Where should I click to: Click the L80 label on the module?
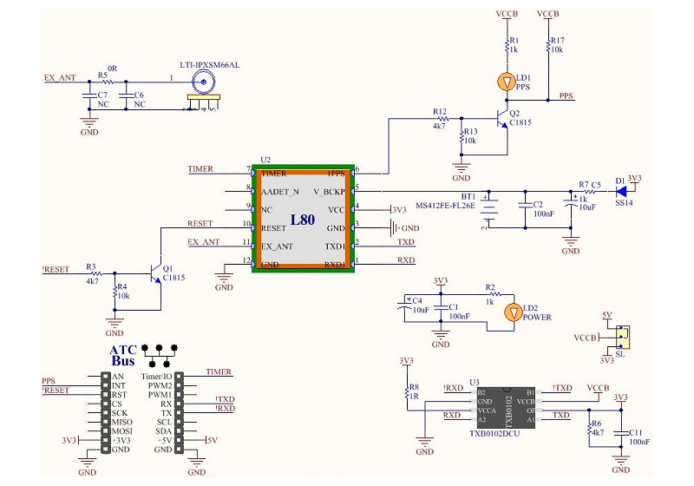[x=303, y=220]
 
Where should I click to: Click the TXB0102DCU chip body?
[x=508, y=404]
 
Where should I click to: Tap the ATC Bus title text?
[x=123, y=355]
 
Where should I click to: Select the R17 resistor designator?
[x=557, y=40]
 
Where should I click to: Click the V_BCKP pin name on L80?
[x=329, y=190]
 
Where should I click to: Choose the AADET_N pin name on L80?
[x=280, y=190]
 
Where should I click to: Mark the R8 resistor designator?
[x=414, y=387]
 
